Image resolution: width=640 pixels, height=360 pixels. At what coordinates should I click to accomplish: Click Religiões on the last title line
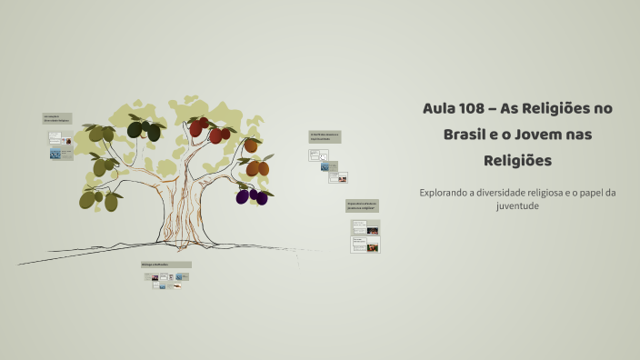[x=518, y=161]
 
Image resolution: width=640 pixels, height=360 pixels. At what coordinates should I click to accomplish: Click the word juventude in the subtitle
[x=518, y=205]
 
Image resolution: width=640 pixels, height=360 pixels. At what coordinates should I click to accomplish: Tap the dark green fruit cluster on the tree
[x=144, y=131]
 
